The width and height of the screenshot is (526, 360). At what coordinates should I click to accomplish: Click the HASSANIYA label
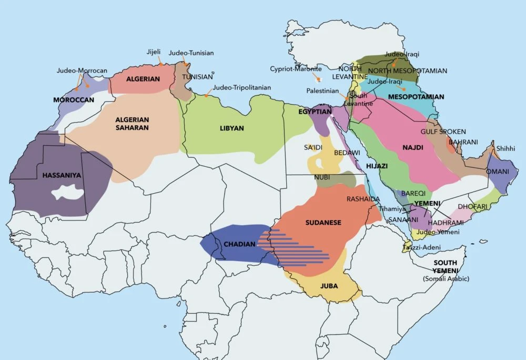pos(62,175)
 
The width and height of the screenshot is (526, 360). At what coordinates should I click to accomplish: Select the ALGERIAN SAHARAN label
pos(133,123)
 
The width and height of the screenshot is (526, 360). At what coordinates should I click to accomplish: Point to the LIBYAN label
pos(232,128)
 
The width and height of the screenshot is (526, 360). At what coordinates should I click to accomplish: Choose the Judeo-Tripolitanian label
pos(242,87)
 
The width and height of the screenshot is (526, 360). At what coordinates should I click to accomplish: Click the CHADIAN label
pos(240,245)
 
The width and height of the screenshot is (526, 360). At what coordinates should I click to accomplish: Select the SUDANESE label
pos(323,223)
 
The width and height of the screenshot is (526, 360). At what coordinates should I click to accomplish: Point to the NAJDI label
pos(412,148)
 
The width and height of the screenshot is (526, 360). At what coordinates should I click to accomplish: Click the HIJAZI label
pos(377,166)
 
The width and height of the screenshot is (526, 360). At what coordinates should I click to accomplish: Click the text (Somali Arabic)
pos(446,278)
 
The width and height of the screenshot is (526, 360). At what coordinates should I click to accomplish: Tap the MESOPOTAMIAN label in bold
pos(416,97)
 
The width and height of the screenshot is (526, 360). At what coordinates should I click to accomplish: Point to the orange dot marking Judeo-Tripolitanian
pos(207,96)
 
